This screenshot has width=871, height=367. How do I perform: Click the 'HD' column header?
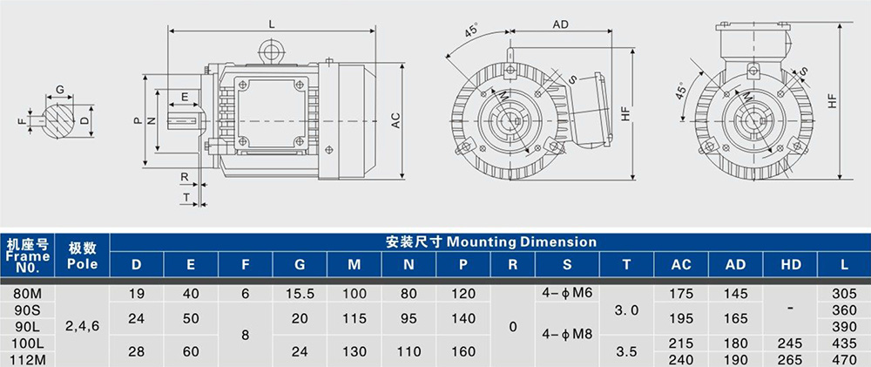coord(791,265)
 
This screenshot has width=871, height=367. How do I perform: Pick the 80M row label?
coord(27,294)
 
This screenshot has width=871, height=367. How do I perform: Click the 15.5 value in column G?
coord(300,294)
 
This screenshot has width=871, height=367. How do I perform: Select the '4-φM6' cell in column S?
coord(566,293)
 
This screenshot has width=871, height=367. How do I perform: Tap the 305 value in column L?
coord(844,294)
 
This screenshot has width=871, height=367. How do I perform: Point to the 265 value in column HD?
coord(791,360)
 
